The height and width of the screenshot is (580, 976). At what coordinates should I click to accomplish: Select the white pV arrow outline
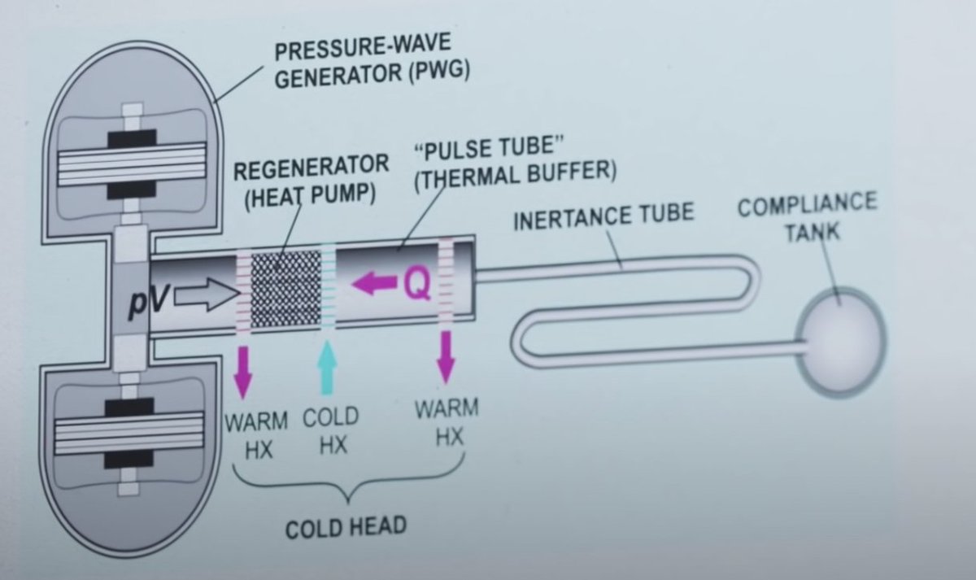[x=202, y=297]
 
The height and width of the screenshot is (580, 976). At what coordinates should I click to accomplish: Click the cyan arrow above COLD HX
[x=328, y=366]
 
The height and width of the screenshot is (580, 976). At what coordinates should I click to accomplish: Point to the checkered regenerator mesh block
[x=284, y=291]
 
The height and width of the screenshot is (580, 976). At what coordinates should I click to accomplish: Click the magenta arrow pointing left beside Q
[x=373, y=285]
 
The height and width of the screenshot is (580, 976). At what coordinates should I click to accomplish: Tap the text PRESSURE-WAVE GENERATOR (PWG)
[x=372, y=64]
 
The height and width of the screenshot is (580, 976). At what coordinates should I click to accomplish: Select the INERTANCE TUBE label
[x=603, y=216]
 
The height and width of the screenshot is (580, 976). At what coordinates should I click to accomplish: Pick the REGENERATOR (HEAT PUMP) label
[x=311, y=181]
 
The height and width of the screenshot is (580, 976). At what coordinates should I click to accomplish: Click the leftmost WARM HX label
[x=256, y=434]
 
